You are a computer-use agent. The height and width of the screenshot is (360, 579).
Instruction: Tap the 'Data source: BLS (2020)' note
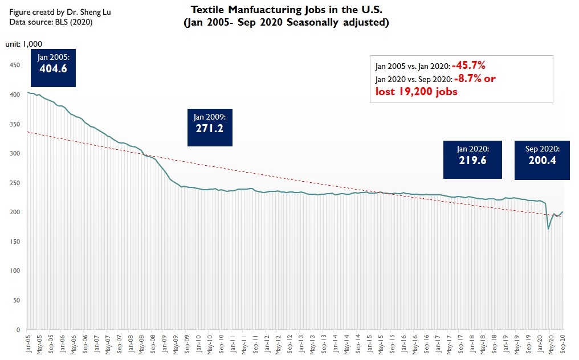tap(50, 22)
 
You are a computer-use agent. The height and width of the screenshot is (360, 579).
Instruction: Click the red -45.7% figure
tap(468, 64)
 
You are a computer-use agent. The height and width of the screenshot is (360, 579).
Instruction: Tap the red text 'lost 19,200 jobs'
tap(416, 91)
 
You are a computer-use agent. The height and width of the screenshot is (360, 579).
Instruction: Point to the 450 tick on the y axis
tap(15, 66)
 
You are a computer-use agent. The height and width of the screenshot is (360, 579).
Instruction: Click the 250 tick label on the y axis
tap(15, 183)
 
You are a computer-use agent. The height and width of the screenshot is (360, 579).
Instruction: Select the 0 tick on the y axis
tap(18, 329)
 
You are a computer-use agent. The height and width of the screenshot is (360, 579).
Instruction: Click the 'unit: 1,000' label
tap(23, 44)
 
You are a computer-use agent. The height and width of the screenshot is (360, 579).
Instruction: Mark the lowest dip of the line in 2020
tap(548, 228)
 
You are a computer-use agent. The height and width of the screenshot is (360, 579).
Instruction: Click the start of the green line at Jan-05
tap(28, 92)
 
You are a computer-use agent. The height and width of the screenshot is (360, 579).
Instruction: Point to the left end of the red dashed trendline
tap(28, 132)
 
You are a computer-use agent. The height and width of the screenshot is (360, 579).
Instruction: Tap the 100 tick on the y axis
tap(15, 271)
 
